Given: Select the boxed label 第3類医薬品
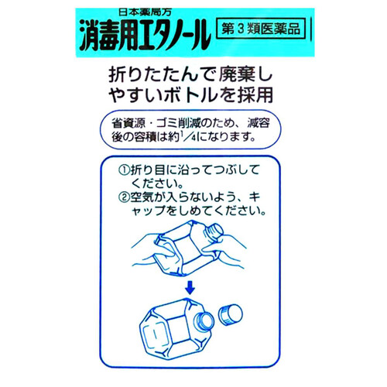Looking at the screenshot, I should click(x=259, y=32).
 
